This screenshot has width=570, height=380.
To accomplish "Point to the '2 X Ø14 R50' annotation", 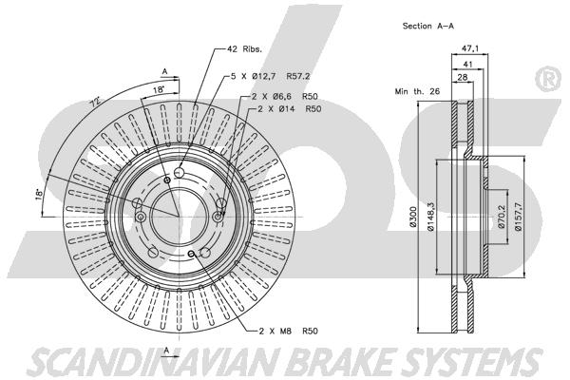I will pyautogui.click(x=284, y=109).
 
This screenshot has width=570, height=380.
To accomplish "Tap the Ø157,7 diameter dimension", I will pyautogui.click(x=519, y=218).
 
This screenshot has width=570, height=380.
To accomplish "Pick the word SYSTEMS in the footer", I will pyautogui.click(x=470, y=362).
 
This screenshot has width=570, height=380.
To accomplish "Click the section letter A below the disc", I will pyautogui.click(x=166, y=351).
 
